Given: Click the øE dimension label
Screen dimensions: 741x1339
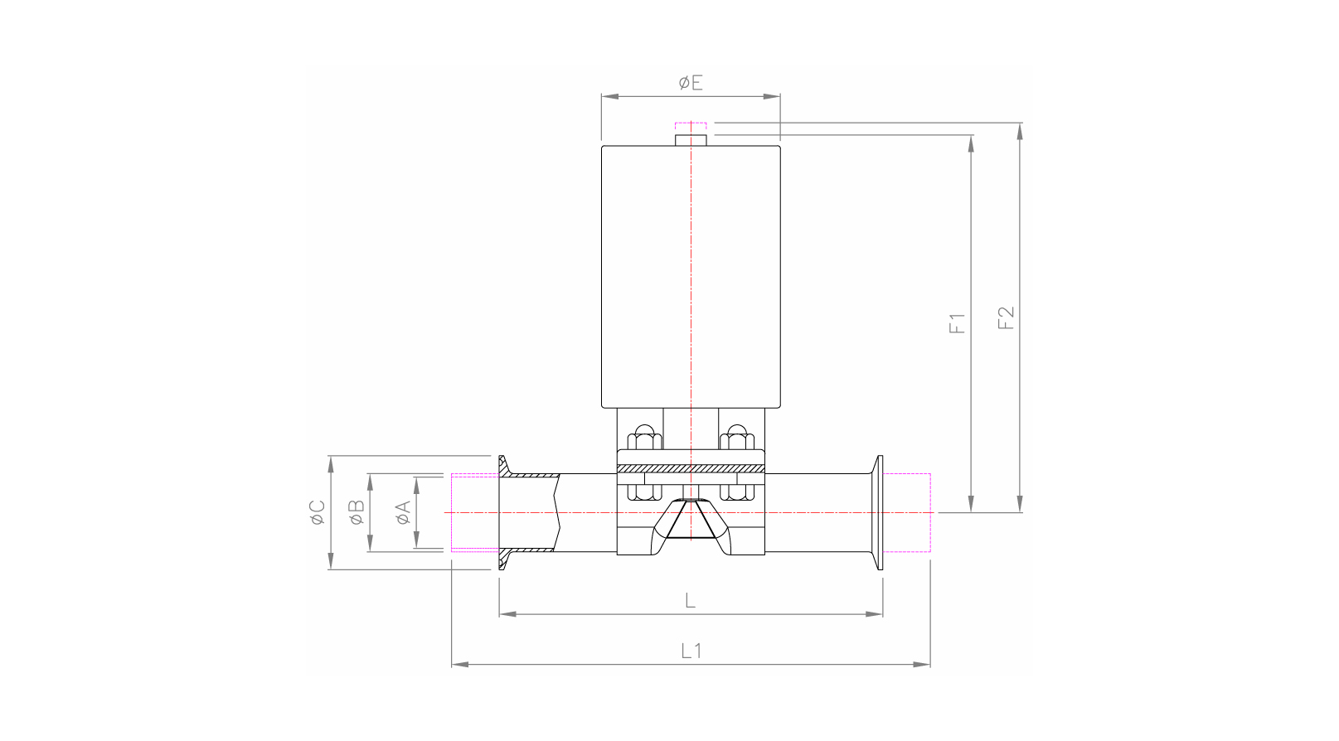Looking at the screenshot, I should (690, 82).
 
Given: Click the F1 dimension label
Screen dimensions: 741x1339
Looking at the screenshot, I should (958, 323).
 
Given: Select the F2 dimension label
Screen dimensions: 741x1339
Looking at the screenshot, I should (1006, 318).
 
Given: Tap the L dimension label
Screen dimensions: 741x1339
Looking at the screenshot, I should (690, 600).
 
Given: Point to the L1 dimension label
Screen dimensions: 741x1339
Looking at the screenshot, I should (691, 651).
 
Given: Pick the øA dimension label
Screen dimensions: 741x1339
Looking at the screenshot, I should (403, 513).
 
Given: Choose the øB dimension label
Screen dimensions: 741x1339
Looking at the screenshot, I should (357, 512).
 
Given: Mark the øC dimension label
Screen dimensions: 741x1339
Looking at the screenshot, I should (317, 512).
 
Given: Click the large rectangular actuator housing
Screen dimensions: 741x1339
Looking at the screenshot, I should (691, 277).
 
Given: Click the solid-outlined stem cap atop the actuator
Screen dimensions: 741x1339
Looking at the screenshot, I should (691, 140).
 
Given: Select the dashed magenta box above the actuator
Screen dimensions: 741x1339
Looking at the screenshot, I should (691, 127).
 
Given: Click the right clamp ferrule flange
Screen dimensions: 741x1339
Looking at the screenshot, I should (878, 512).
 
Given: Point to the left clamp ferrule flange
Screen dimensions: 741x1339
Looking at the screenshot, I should (502, 512).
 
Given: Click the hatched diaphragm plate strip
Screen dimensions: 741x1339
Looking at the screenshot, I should (691, 469).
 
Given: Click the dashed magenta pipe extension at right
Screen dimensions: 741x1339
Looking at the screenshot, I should (908, 512).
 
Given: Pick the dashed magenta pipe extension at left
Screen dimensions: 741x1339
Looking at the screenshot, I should (474, 512).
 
